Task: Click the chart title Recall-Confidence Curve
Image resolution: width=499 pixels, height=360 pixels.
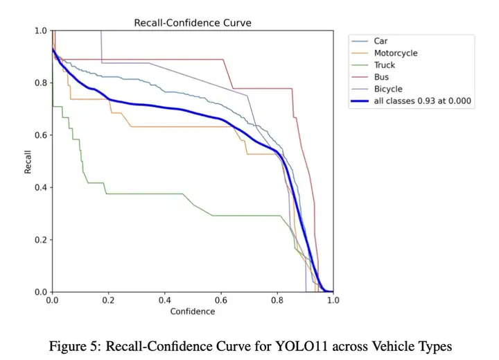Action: coord(192,23)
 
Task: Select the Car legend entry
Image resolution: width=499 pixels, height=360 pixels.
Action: coord(380,41)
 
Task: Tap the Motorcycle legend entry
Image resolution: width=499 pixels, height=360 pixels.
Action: coord(396,53)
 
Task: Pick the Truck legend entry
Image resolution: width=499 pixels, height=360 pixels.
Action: coord(385,65)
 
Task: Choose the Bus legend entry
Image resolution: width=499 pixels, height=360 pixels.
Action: coord(381,77)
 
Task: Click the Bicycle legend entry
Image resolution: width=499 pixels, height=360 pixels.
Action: coord(387,89)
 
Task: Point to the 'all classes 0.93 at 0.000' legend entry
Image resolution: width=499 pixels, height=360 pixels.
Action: coord(422,101)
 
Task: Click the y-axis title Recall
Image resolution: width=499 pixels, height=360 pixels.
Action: coord(28,161)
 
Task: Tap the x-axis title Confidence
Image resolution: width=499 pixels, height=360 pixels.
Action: coord(192,311)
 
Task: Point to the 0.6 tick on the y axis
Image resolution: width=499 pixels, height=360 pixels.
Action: coord(41,135)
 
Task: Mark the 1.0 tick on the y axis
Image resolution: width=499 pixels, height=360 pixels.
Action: coord(41,31)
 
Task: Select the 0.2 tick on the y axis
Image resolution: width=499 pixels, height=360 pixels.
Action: coord(41,240)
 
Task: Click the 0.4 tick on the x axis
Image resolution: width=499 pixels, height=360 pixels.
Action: coord(164,301)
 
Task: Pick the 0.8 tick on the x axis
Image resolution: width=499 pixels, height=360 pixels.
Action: coord(277,301)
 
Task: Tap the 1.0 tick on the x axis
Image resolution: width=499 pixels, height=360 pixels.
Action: coord(333,301)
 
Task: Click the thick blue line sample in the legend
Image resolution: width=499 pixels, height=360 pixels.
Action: coord(360,101)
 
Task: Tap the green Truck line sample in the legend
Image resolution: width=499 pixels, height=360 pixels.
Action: coord(360,65)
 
